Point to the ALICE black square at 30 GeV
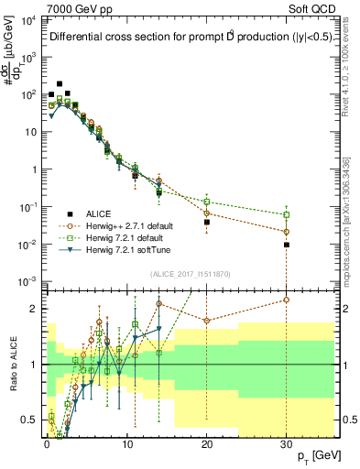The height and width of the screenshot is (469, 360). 287,245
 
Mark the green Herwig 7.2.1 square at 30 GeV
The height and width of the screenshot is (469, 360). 287,215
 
